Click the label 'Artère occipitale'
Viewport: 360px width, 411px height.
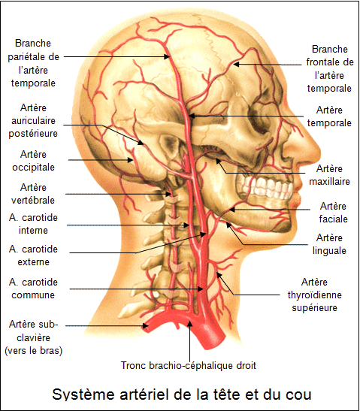coord(33,161)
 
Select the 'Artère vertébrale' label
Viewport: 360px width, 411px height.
coord(33,194)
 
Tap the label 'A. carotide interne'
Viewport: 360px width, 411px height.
coord(33,224)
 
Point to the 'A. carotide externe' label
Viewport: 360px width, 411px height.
coord(33,255)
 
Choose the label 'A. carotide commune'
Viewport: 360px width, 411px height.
coord(33,289)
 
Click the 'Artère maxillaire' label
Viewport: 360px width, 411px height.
coord(329,175)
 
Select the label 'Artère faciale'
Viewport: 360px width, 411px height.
coord(333,213)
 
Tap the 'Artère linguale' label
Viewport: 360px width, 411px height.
coord(329,244)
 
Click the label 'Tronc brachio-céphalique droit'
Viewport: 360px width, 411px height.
coord(188,365)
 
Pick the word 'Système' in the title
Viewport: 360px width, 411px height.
coord(83,394)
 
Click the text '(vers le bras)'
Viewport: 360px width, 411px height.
coord(34,350)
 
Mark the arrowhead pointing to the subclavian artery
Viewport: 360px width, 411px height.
coord(145,326)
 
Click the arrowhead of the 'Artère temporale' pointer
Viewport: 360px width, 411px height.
coord(192,116)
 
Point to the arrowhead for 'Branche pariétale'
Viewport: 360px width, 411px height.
coord(167,56)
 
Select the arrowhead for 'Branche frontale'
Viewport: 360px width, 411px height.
coord(237,64)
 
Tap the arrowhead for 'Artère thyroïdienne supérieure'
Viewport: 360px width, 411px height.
coord(219,275)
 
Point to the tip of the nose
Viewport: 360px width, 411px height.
coord(319,152)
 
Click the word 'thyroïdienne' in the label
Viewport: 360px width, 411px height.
coord(315,295)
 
